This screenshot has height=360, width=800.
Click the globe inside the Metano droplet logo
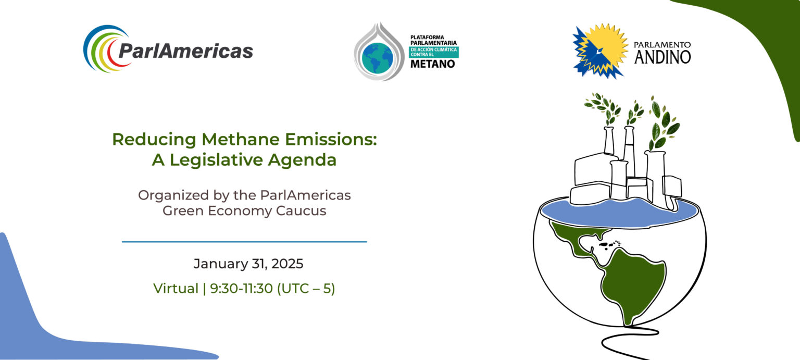coord(377,58)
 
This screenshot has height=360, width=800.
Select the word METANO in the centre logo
coord(432,64)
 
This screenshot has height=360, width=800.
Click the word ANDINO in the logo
coord(662,57)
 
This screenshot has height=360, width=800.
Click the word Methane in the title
coord(241,139)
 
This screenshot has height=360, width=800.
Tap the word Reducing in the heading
coord(154,140)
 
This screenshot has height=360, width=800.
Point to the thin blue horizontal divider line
coord(244,242)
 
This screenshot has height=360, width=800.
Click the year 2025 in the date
coord(287,264)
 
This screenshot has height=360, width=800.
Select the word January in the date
coord(221,264)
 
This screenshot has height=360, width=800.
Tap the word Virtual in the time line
coord(176,289)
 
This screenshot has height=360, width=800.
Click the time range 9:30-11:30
coord(242,289)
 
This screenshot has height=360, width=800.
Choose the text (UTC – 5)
coord(306,289)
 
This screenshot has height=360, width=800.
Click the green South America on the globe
coord(632,282)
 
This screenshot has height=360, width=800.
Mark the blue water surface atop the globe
coord(620,213)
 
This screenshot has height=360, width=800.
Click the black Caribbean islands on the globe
coord(609,245)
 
